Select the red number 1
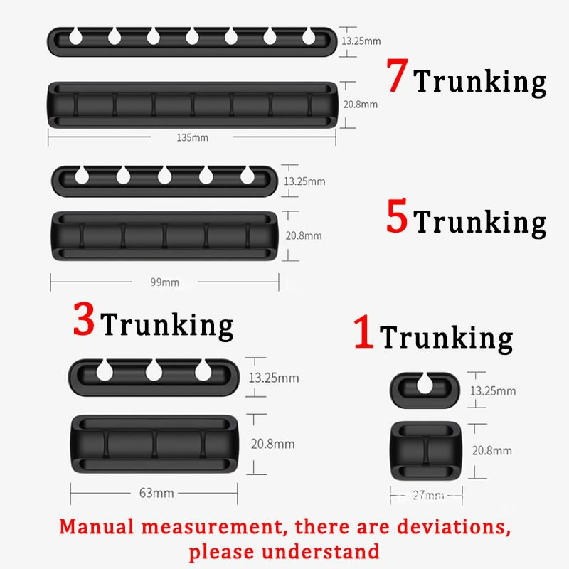[363, 332]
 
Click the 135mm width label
[192, 137]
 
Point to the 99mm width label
[164, 282]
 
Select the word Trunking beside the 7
[480, 82]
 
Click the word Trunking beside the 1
[447, 337]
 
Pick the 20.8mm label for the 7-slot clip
[360, 105]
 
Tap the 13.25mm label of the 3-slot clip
[273, 378]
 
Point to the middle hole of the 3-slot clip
[154, 369]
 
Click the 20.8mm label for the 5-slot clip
[303, 235]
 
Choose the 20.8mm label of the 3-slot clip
[273, 444]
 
